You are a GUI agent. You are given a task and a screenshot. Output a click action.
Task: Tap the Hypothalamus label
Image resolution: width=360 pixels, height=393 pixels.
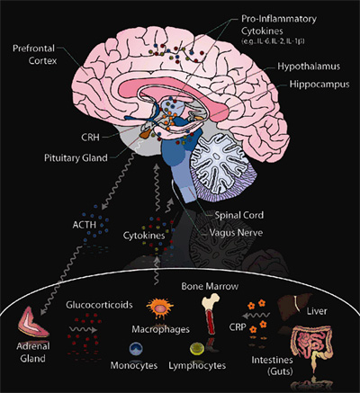click(x=300, y=66)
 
